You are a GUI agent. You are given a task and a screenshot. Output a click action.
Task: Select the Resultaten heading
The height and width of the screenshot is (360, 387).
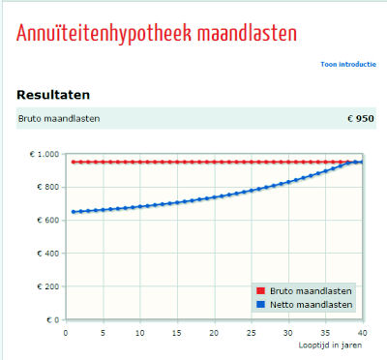53,95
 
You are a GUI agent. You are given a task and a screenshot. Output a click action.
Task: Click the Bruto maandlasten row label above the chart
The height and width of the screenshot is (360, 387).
58,119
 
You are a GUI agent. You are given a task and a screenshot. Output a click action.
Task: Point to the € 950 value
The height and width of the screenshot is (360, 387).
359,119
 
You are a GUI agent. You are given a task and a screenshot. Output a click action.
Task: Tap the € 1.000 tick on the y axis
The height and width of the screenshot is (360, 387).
44,154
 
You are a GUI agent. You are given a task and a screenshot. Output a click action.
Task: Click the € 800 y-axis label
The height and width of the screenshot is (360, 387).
47,187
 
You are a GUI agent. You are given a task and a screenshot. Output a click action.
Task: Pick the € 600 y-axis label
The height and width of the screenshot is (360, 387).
47,221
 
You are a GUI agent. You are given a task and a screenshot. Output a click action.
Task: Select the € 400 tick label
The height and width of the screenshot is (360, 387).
47,254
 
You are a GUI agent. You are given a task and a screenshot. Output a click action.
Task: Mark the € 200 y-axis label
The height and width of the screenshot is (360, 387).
47,286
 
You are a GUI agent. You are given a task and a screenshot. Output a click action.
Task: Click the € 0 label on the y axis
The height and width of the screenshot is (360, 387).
51,319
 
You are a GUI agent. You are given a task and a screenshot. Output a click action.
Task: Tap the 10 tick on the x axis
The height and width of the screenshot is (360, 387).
139,332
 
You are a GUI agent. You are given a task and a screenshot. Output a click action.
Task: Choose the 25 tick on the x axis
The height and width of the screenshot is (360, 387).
251,332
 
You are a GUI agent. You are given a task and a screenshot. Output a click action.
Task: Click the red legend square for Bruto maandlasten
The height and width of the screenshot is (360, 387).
260,290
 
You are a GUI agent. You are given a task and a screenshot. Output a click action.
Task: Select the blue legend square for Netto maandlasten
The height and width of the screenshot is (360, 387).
260,304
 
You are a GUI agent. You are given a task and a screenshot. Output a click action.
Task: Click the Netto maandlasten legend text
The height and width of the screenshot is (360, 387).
311,304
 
